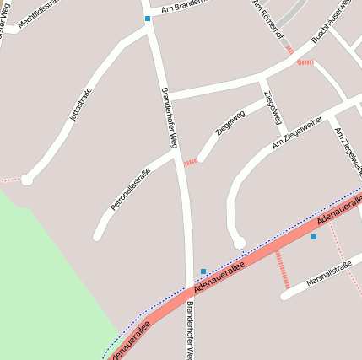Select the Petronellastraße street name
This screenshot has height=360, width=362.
pyautogui.click(x=130, y=190)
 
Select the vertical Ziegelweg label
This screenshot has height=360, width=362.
pyautogui.click(x=271, y=106)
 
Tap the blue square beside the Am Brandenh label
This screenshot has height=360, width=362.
pyautogui.click(x=148, y=18)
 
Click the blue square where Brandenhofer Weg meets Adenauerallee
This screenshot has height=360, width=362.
pyautogui.click(x=203, y=271)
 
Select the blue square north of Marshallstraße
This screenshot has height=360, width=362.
pyautogui.click(x=314, y=237)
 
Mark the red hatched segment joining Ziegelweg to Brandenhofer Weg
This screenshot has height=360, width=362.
pyautogui.click(x=191, y=161)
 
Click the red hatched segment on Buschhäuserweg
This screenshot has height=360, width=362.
pyautogui.click(x=305, y=62)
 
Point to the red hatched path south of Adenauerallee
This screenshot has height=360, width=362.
pyautogui.click(x=282, y=269)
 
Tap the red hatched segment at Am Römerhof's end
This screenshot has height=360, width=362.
pyautogui.click(x=289, y=49)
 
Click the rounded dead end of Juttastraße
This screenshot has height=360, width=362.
pyautogui.click(x=27, y=180)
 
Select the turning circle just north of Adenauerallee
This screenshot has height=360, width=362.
pyautogui.click(x=239, y=242)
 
